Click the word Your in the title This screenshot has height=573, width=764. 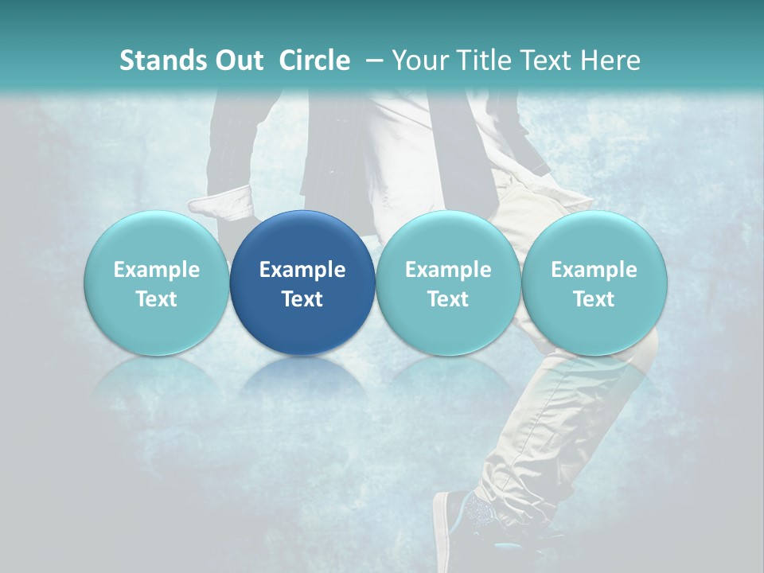(419, 60)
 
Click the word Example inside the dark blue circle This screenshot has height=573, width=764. (302, 270)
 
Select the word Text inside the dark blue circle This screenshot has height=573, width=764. (302, 299)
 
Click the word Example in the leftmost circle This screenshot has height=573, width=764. (157, 270)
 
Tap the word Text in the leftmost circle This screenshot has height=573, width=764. (157, 299)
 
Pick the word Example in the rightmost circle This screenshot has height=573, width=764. (594, 270)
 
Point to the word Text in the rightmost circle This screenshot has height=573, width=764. (594, 299)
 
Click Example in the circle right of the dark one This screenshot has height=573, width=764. (448, 270)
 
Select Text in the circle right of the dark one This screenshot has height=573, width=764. (448, 299)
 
